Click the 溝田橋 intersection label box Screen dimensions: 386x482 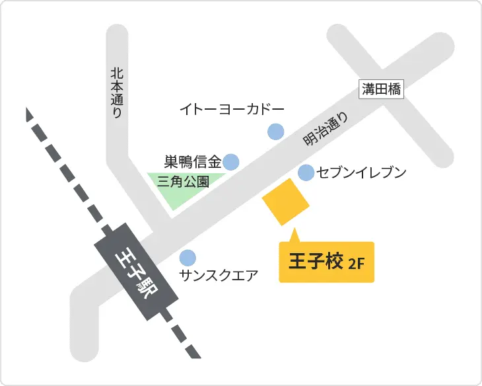pyautogui.click(x=382, y=89)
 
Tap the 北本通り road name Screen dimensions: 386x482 pyautogui.click(x=117, y=92)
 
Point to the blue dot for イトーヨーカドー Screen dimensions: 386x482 pyautogui.click(x=275, y=132)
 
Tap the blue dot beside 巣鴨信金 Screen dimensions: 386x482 pyautogui.click(x=230, y=161)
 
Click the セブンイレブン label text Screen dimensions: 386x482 pyautogui.click(x=361, y=173)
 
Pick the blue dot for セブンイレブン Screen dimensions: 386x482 pyautogui.click(x=306, y=173)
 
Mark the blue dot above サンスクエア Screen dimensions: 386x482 pyautogui.click(x=188, y=257)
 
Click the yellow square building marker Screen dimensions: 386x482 pyautogui.click(x=286, y=202)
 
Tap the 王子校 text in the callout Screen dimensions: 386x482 pyautogui.click(x=316, y=262)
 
